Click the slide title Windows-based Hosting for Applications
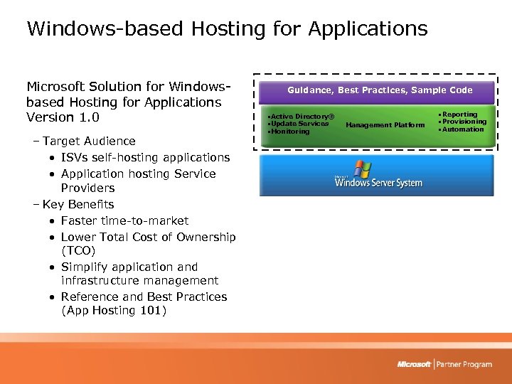coord(227,28)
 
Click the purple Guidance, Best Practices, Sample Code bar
coord(380,90)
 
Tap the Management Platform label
coord(385,125)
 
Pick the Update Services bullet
coord(299,124)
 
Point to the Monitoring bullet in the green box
coord(289,132)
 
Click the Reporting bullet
coord(460,114)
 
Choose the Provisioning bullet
coord(464,122)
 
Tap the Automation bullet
coord(462,129)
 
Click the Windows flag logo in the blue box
coord(363,169)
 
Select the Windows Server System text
coord(379,183)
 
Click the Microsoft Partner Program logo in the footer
coord(444,364)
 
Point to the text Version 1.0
coord(63,117)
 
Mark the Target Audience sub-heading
coord(88,141)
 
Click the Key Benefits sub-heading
coord(79,205)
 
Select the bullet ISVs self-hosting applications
coord(145,157)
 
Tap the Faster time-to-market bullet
coord(124,220)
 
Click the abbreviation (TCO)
coord(78,251)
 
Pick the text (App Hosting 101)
coord(114,311)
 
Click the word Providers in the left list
coord(87,188)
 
